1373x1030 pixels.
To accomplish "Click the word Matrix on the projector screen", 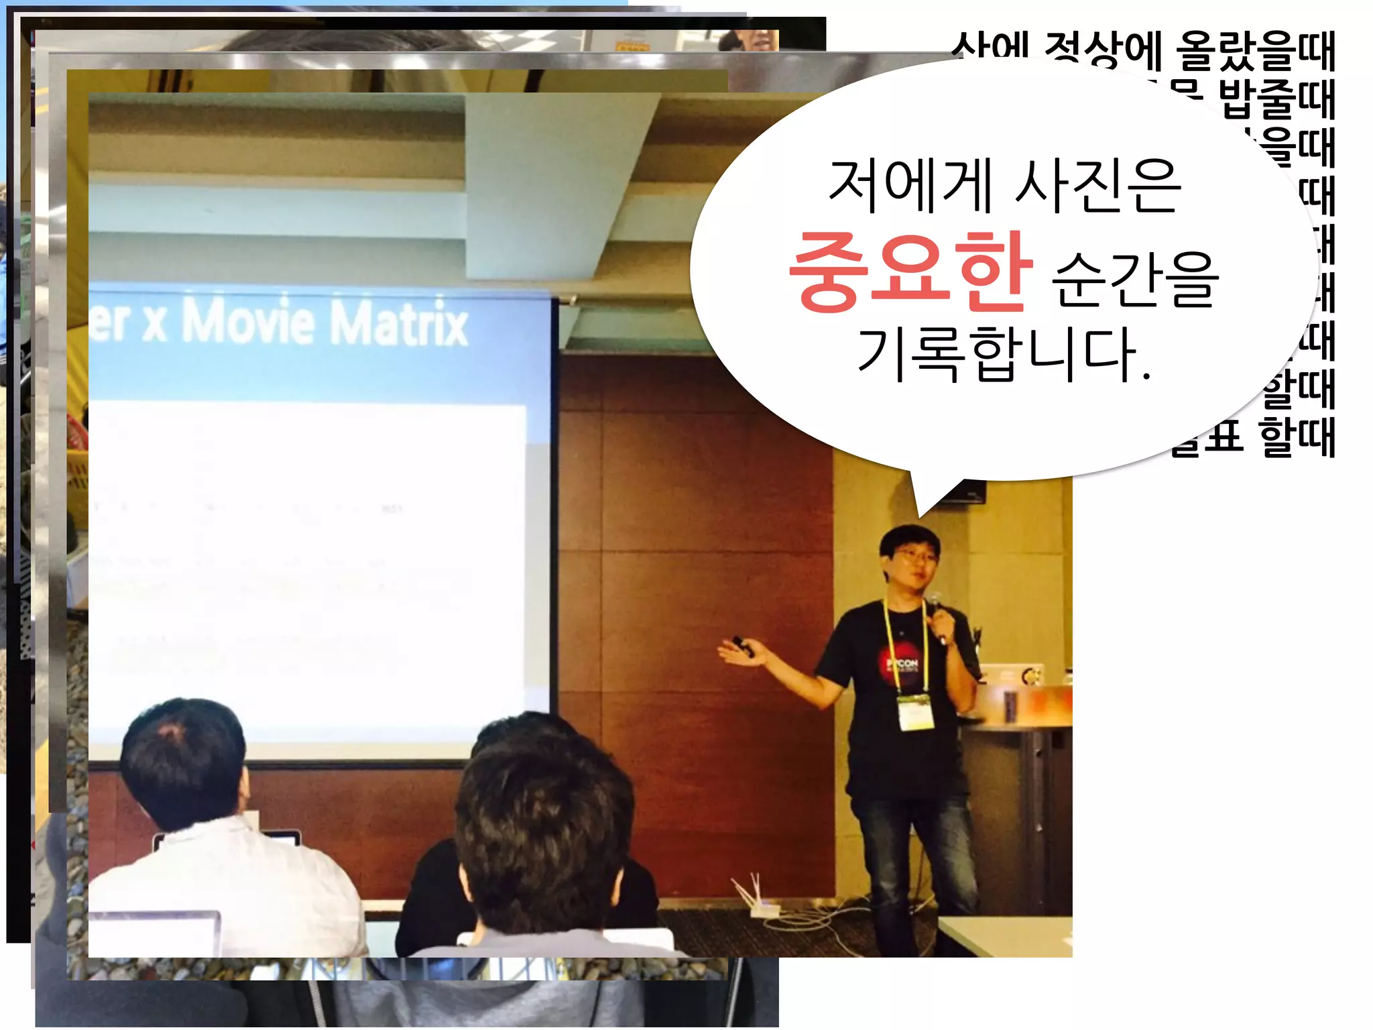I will coord(400,323).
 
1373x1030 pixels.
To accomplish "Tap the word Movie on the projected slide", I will coord(248,321).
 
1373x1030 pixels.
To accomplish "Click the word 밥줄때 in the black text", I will coord(1276,99).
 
